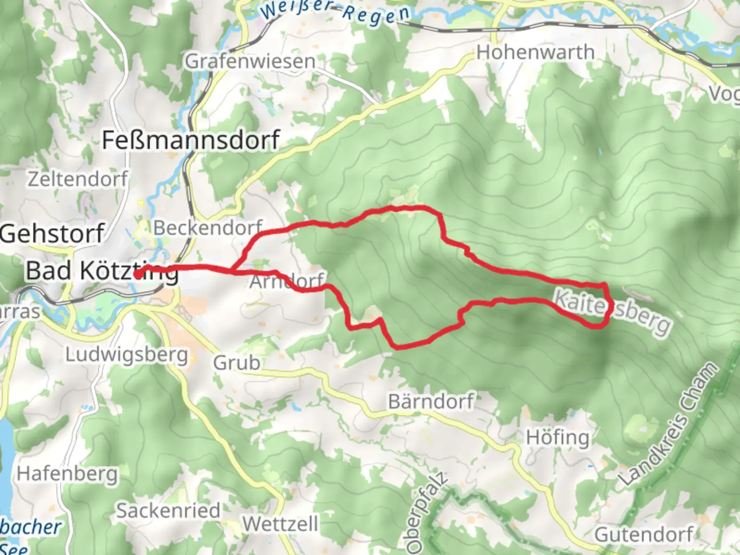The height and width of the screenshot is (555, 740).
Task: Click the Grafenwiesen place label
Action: (250, 62)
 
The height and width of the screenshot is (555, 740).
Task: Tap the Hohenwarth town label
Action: (535, 52)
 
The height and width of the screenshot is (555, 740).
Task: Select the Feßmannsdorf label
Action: (191, 140)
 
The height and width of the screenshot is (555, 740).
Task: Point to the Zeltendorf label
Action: (78, 179)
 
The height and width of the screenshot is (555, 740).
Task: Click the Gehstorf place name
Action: (52, 233)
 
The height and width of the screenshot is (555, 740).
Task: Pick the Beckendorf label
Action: (208, 228)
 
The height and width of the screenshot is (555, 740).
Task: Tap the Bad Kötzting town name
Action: (102, 271)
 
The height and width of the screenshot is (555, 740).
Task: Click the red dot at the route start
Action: (138, 274)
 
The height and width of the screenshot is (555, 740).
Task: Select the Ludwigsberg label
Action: (126, 355)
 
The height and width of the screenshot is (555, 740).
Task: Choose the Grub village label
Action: (236, 363)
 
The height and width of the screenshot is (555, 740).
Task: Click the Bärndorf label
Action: (431, 401)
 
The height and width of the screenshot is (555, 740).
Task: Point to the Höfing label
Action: (558, 438)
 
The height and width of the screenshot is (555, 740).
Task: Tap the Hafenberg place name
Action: (67, 473)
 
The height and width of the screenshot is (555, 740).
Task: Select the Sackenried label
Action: (168, 511)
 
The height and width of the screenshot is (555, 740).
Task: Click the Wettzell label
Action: (281, 524)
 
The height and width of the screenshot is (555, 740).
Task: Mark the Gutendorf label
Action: (644, 534)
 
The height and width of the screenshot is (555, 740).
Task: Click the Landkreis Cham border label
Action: (668, 424)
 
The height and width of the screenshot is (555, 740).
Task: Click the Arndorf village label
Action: (286, 281)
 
